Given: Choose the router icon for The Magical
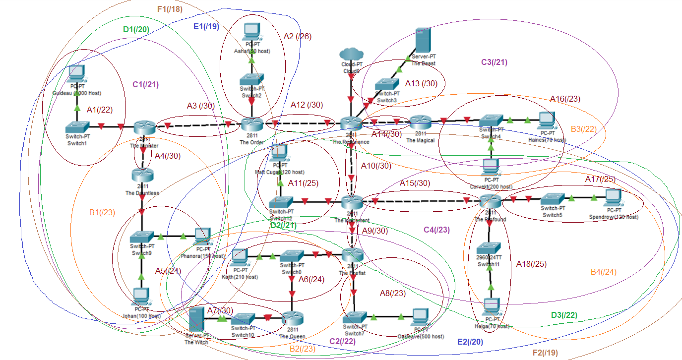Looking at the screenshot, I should click(421, 121).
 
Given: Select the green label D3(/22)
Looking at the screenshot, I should click(564, 315).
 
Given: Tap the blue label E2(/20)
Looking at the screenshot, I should click(469, 342).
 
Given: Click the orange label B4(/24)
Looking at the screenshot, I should click(604, 272).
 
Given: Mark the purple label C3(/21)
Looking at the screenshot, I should click(494, 62).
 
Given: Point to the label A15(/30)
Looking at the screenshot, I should click(415, 183).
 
